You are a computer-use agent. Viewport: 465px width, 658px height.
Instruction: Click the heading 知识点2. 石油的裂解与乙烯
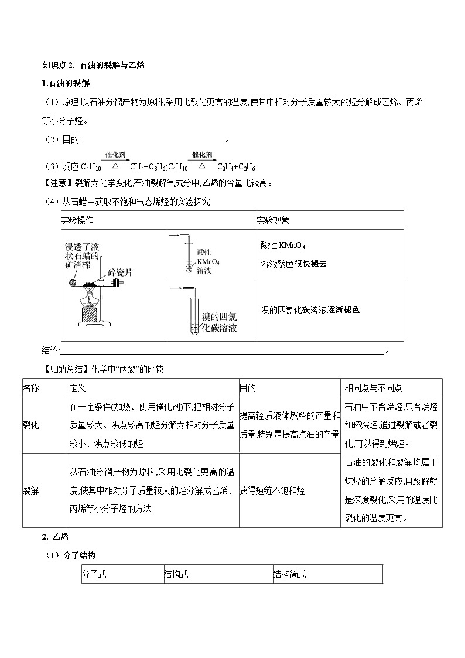point(94,65)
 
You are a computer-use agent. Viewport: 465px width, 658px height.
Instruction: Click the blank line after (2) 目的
point(152,141)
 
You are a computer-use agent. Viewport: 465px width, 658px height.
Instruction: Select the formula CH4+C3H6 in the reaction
point(151,167)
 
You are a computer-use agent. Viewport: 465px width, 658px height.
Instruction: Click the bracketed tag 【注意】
point(57,183)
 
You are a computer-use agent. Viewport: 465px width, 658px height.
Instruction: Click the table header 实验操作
point(77,221)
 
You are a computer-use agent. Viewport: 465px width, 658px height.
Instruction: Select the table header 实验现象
point(273,221)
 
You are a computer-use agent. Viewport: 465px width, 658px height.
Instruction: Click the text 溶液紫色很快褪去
point(293,264)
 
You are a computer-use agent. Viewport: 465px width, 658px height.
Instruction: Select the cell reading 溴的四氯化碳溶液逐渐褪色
point(310,310)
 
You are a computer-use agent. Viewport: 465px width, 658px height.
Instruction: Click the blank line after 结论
point(223,352)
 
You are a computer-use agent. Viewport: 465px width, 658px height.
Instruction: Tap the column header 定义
point(78,388)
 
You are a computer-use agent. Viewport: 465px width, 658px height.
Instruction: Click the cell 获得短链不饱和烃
point(272,490)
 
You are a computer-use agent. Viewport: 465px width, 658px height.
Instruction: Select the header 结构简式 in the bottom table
point(290,574)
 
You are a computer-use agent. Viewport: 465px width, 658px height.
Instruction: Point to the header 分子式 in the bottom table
point(94,574)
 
